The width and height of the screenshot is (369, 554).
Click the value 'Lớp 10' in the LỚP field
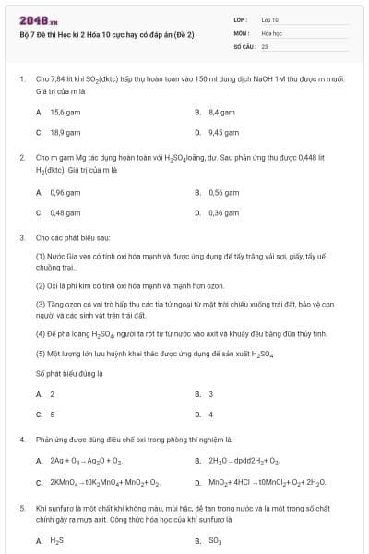click(270, 18)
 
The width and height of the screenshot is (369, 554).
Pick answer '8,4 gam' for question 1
click(222, 112)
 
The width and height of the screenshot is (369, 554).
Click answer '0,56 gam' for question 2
click(223, 192)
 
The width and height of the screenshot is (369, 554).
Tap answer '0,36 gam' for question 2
click(223, 212)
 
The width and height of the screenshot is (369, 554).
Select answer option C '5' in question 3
click(52, 414)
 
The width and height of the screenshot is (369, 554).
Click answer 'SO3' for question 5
click(217, 541)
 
